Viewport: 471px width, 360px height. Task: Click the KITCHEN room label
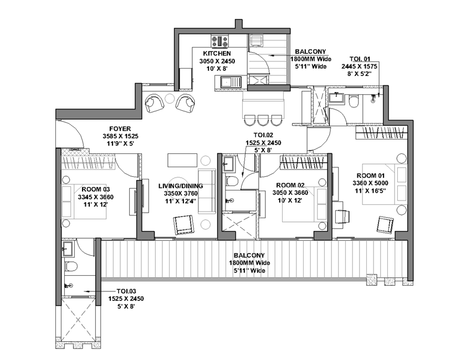tap(217, 53)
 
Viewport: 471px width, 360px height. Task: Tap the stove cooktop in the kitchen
tap(219, 41)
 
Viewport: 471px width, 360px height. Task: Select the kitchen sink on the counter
tap(231, 82)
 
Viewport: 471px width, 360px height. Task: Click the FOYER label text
tap(120, 129)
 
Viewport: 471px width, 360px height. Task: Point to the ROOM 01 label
tap(370, 176)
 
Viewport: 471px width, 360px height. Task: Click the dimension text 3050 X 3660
tap(290, 193)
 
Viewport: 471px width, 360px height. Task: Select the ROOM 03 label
tap(96, 189)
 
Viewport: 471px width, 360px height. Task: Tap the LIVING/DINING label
tap(181, 186)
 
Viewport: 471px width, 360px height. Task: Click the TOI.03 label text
tap(126, 291)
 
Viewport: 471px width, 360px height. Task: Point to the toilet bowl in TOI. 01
tap(354, 101)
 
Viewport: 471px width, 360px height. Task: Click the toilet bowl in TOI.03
tap(71, 266)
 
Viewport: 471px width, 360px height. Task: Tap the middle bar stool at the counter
tap(263, 120)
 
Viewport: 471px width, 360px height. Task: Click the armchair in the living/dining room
tap(183, 225)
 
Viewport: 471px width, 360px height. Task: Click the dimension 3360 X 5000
tap(370, 183)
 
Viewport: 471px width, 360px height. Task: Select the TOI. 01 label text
tap(360, 59)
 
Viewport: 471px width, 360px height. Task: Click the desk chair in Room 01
tap(342, 216)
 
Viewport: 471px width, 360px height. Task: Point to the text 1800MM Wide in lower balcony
tap(249, 263)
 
